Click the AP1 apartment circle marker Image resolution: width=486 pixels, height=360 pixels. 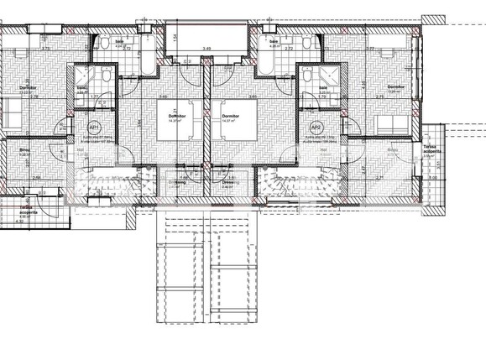coord(94,128)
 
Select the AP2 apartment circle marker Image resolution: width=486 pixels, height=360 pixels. coord(316,128)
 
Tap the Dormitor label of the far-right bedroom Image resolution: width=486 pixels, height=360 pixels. coord(395,87)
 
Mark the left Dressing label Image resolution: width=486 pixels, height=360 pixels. coord(178,181)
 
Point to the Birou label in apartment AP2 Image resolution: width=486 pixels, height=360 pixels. coord(393,150)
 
